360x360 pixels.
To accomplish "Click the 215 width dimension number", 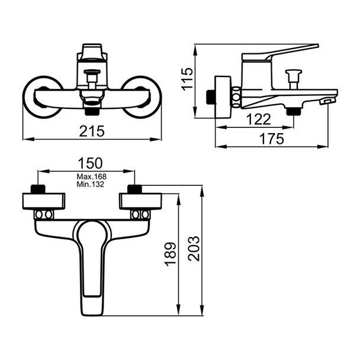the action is click(x=92, y=131).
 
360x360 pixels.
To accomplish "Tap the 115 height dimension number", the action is click(x=187, y=79).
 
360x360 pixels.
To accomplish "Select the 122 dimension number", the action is click(x=259, y=120).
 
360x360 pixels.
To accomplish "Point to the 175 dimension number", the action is click(x=272, y=139).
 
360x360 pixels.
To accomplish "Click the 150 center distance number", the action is click(x=90, y=163).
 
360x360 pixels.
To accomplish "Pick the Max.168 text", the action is click(x=91, y=176).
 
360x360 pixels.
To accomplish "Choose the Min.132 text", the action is click(x=91, y=184).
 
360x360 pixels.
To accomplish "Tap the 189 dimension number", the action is click(x=171, y=254).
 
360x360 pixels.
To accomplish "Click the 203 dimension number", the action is click(x=194, y=249).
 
